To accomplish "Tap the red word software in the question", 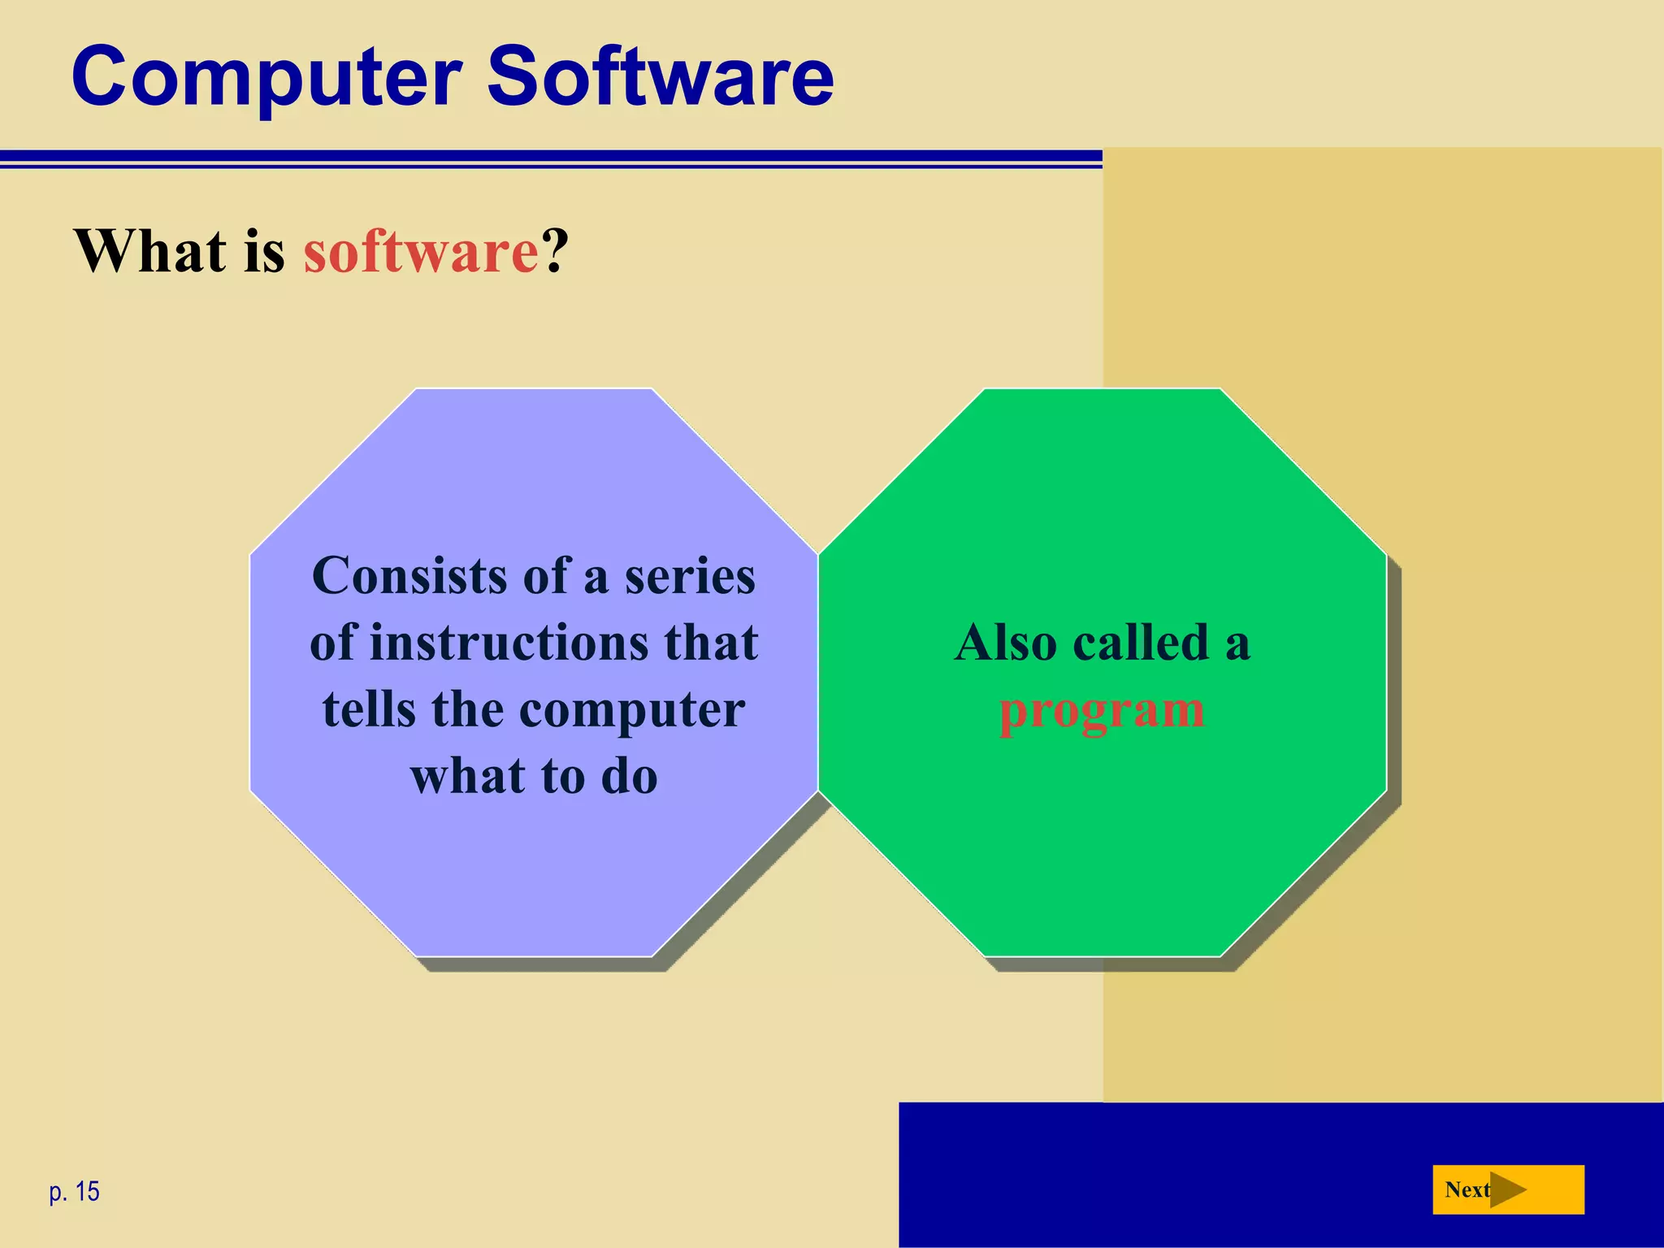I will click(x=421, y=251).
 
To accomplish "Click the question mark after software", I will click(x=556, y=251).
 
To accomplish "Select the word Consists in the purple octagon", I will click(x=409, y=576).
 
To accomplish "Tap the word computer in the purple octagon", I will click(x=631, y=711).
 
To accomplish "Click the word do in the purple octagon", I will click(x=629, y=776).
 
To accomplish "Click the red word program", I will click(x=1101, y=711).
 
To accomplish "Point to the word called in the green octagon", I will click(x=1141, y=643).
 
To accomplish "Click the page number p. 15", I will click(x=74, y=1192).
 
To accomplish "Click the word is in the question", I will click(x=264, y=251).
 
